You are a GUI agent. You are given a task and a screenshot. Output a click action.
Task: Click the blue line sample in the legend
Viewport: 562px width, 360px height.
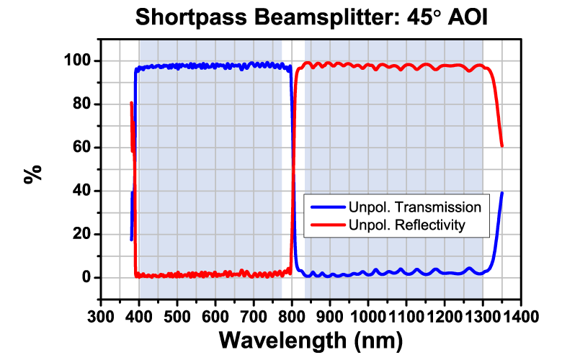329,207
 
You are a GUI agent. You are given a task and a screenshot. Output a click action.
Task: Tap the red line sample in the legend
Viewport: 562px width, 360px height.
329,225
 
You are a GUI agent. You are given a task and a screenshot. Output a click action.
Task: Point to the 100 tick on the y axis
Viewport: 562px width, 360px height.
81,60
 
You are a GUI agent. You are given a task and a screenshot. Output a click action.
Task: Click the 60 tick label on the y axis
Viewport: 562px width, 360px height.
85,148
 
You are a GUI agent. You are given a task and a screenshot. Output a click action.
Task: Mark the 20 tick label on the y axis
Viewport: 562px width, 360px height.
85,234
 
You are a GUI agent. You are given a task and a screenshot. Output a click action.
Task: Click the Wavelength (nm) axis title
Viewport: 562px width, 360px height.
310,339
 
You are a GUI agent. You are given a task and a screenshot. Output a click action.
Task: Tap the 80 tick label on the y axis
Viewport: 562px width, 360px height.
85,104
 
